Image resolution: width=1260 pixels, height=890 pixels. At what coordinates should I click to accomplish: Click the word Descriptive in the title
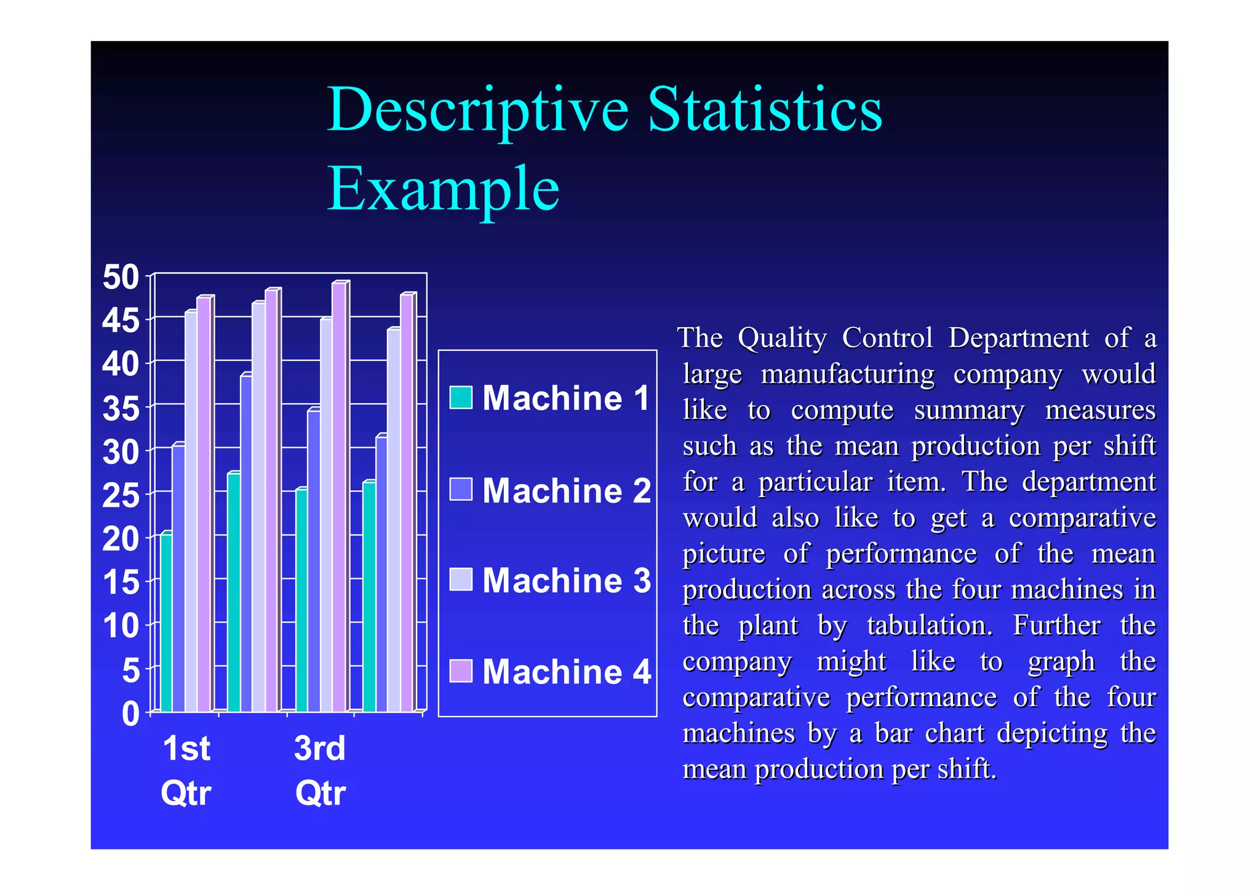(x=477, y=111)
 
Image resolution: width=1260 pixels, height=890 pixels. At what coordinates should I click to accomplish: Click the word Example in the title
(x=443, y=189)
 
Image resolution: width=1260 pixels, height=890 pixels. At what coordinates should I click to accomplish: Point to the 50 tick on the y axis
(x=121, y=277)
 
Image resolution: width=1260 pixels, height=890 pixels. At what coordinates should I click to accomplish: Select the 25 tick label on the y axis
(x=121, y=496)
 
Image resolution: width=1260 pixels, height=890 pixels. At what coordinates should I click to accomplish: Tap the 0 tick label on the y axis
(x=130, y=715)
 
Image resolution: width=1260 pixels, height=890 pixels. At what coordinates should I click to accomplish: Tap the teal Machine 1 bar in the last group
(x=369, y=597)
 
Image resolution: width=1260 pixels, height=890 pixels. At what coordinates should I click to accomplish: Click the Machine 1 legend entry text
(x=565, y=398)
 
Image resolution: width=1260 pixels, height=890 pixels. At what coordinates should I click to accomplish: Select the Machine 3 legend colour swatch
(x=461, y=579)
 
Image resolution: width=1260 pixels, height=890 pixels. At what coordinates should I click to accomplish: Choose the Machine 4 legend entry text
(x=565, y=672)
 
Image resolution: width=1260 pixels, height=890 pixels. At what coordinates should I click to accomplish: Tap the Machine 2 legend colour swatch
(x=461, y=490)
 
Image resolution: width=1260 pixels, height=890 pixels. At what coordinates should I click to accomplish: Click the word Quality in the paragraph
(x=782, y=339)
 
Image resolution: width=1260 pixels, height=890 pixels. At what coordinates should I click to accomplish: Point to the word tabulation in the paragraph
(x=930, y=626)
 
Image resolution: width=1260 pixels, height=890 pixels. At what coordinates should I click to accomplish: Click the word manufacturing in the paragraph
(x=847, y=375)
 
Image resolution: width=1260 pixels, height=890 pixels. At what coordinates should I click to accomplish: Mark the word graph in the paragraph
(x=1061, y=662)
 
